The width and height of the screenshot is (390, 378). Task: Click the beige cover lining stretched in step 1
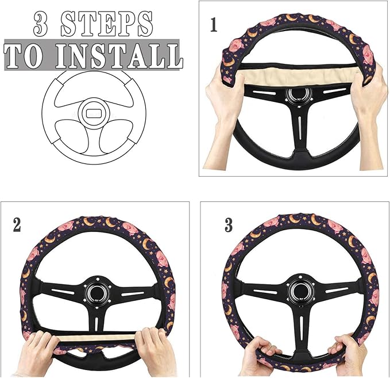299,75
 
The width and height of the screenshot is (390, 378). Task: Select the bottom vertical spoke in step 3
297,328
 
